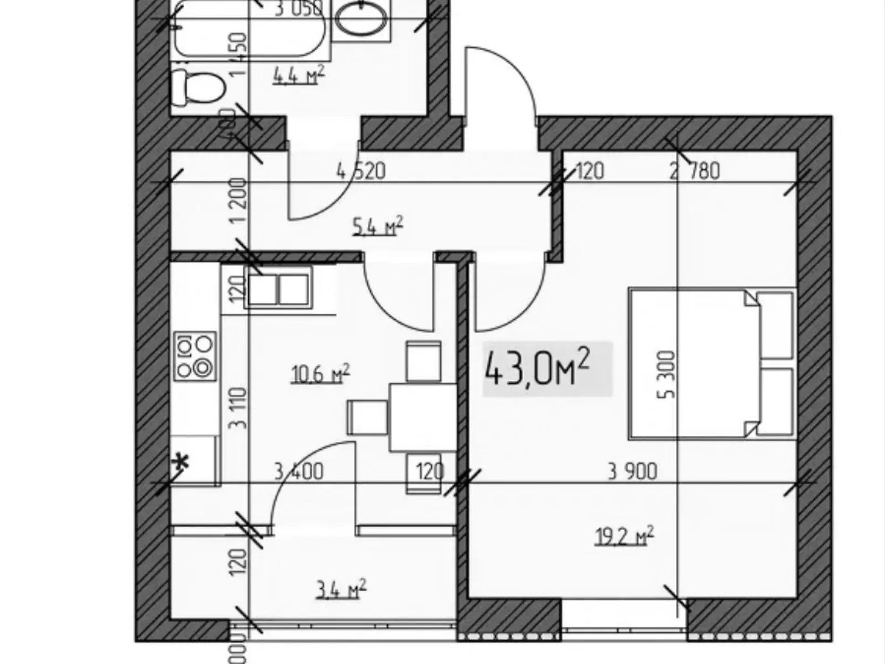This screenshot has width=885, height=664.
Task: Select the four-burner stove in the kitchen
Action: [195, 355]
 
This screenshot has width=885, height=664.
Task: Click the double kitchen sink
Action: [278, 289]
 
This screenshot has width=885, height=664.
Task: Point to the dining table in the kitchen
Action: [423, 417]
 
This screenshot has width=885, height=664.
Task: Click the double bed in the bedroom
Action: [712, 364]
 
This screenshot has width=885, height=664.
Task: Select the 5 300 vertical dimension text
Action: [669, 374]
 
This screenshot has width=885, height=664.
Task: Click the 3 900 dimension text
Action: [632, 471]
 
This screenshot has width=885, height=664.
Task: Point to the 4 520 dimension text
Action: [361, 171]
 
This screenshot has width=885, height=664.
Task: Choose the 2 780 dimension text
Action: [695, 171]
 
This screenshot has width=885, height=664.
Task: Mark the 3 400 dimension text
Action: [299, 471]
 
